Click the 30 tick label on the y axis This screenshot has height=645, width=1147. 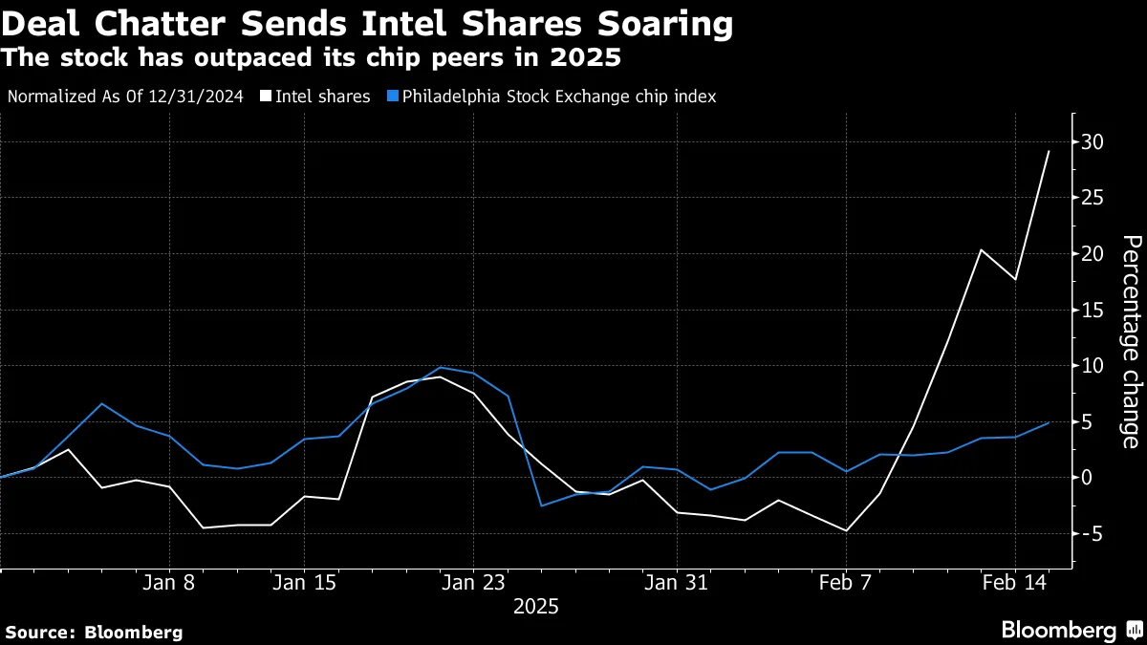click(1093, 142)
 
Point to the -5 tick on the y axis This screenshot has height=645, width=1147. click(1091, 533)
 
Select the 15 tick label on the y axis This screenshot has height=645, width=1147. click(1093, 310)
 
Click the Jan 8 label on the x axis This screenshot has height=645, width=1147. click(169, 581)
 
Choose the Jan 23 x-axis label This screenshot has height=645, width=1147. click(473, 581)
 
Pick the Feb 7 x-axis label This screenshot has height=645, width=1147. click(846, 581)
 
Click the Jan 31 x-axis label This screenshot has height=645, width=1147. click(676, 581)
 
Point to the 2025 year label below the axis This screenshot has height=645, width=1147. click(535, 607)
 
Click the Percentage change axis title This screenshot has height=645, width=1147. click(1130, 341)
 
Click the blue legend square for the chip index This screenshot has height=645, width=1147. click(393, 97)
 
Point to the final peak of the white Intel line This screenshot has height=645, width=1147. click(1049, 151)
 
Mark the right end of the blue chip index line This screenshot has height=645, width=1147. click(1049, 422)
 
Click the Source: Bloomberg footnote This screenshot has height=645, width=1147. click(94, 632)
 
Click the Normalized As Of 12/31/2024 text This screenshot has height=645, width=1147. click(124, 97)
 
